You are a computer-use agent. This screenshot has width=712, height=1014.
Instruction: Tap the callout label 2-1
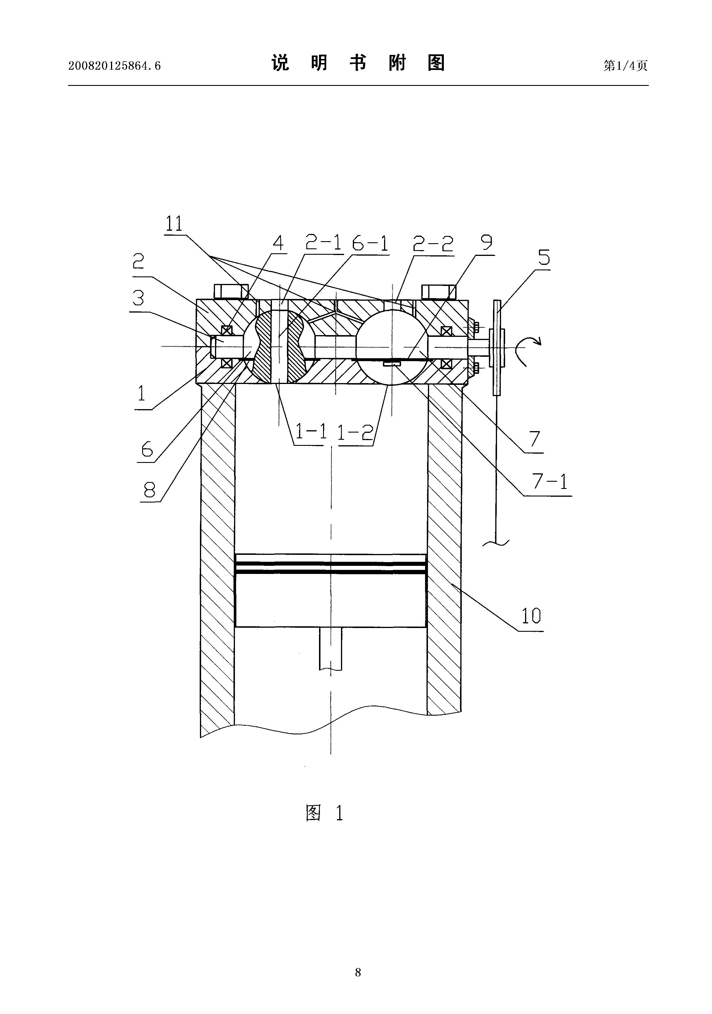tap(324, 243)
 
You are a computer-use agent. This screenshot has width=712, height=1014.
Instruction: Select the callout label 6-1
tap(370, 243)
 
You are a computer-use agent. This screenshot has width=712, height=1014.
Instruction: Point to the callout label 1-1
tap(311, 431)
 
